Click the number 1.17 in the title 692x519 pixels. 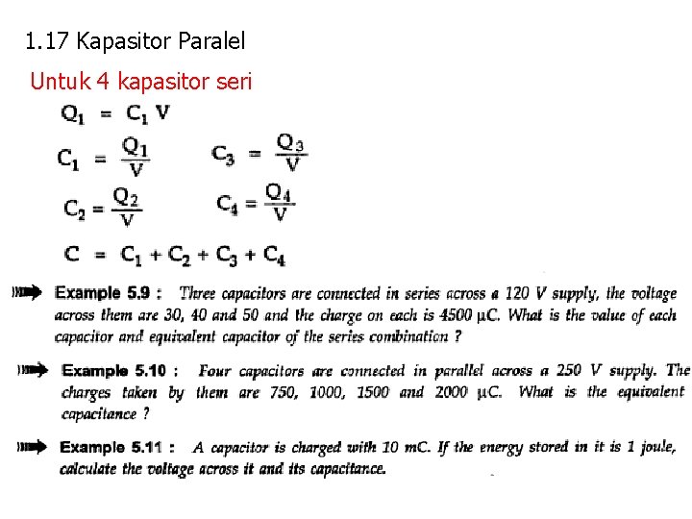(x=47, y=41)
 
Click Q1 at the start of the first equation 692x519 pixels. (x=74, y=113)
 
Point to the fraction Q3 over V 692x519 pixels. (x=291, y=154)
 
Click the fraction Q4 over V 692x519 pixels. (x=279, y=203)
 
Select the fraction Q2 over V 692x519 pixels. (x=127, y=207)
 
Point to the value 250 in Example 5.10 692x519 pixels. (x=565, y=370)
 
